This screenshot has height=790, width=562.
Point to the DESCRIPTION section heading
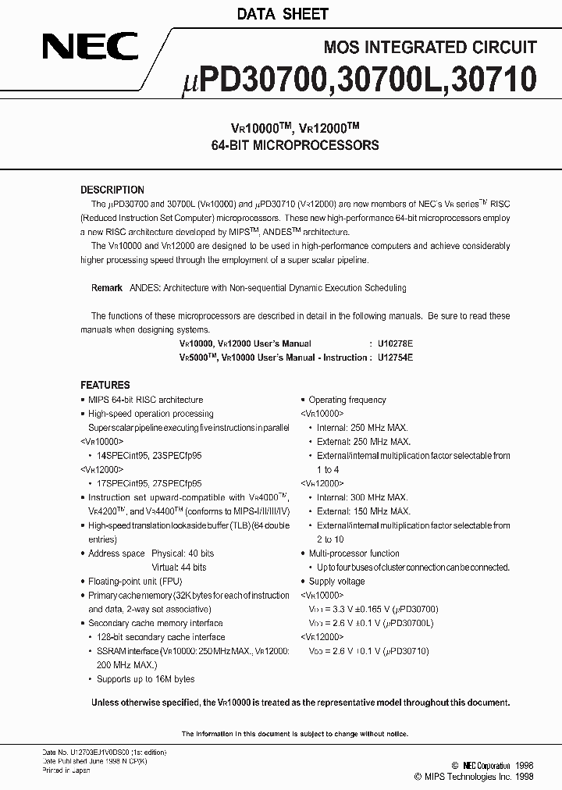[112, 190]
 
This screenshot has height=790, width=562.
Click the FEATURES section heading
[105, 385]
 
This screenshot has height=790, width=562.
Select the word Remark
[107, 288]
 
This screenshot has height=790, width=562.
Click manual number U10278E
[395, 343]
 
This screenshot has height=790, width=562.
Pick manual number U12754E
[395, 358]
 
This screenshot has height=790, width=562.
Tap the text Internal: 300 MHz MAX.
[362, 497]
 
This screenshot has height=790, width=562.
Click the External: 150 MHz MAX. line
[363, 511]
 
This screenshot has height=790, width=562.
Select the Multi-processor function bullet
[354, 553]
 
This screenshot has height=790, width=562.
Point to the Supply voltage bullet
[337, 582]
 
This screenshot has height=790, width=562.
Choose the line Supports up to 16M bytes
[145, 679]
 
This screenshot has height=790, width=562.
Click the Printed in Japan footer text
[66, 770]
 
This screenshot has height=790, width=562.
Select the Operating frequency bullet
[347, 400]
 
